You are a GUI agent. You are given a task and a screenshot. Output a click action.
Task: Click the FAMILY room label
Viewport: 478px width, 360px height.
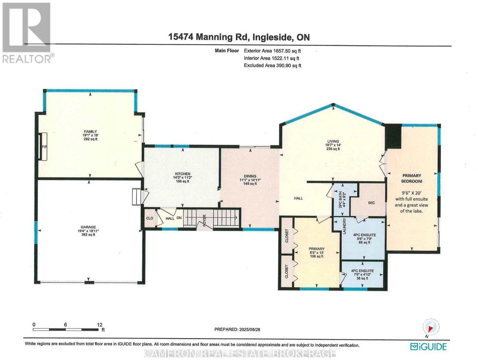click(91, 131)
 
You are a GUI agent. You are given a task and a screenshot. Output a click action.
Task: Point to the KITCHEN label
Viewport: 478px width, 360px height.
click(183, 174)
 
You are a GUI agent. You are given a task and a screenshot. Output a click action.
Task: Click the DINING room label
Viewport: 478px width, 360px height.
click(250, 176)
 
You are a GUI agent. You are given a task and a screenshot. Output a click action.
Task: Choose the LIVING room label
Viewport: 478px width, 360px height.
click(333, 141)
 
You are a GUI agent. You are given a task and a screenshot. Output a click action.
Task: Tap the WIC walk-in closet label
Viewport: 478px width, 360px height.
click(371, 203)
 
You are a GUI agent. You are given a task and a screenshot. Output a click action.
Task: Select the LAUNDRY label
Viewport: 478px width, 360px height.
click(344, 226)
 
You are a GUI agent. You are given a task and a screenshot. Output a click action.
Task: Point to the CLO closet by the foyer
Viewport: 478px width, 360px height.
click(150, 218)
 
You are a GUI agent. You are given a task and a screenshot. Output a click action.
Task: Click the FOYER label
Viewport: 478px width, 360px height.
click(204, 220)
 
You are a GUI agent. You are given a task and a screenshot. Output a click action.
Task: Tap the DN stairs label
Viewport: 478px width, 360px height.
click(179, 218)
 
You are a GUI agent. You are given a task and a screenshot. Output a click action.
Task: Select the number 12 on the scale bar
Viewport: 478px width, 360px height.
click(99, 324)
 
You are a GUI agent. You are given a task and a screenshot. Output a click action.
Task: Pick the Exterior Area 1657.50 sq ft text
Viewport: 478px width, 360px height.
click(272, 51)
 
